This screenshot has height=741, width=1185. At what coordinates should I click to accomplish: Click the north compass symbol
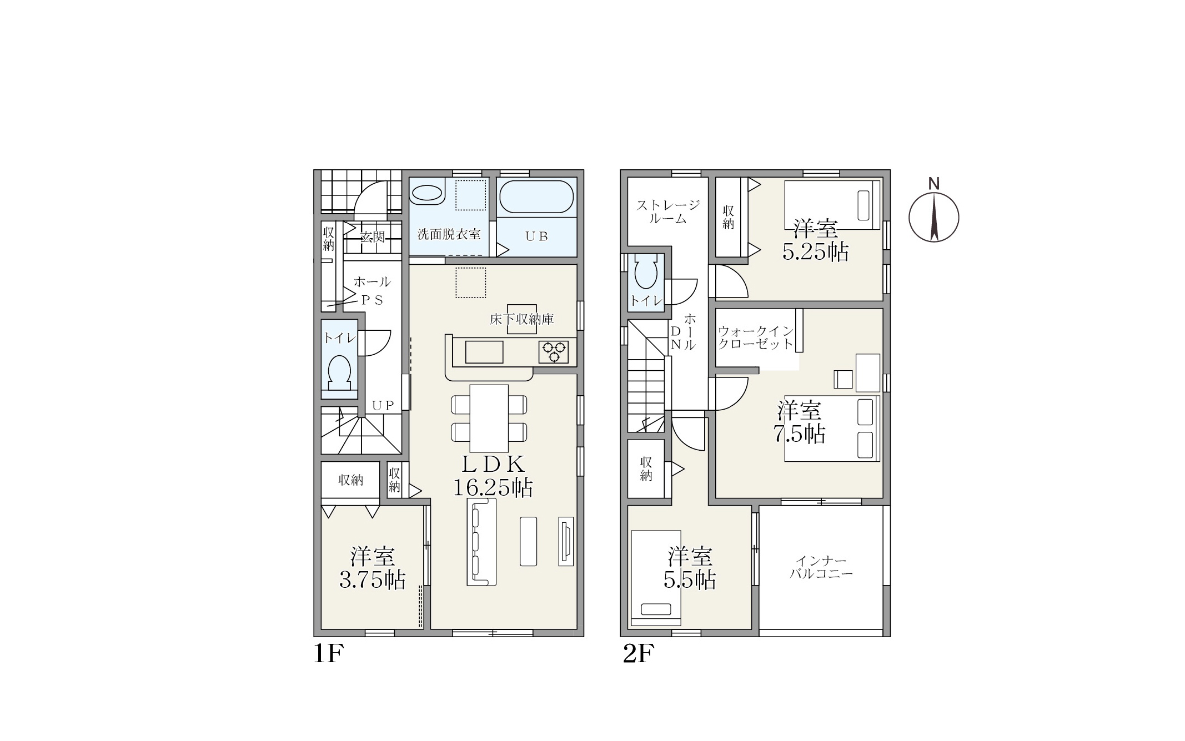coord(934,216)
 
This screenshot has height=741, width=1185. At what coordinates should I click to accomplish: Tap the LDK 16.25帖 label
coord(493,476)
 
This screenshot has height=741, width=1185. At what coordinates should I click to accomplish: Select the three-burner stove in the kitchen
coord(554,352)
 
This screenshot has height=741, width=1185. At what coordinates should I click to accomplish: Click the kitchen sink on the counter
coord(484,352)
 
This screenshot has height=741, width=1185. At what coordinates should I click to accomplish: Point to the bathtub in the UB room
coord(536,196)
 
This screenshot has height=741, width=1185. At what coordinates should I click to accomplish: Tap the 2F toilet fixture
coord(646,271)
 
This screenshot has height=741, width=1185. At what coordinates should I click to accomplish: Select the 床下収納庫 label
coord(521,319)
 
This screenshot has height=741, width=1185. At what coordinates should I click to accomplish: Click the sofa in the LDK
coord(481,542)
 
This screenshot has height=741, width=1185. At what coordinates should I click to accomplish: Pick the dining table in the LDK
coord(489,418)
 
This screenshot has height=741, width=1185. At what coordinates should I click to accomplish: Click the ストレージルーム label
coord(667,211)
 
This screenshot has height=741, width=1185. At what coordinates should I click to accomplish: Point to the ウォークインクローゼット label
coord(756,337)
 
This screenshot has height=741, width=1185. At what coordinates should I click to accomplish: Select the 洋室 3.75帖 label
coord(372,568)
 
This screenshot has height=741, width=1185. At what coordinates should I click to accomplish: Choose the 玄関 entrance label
coord(372,237)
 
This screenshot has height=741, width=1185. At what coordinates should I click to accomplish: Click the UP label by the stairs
coord(383,405)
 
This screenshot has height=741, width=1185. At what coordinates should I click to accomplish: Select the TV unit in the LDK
coord(566,542)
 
